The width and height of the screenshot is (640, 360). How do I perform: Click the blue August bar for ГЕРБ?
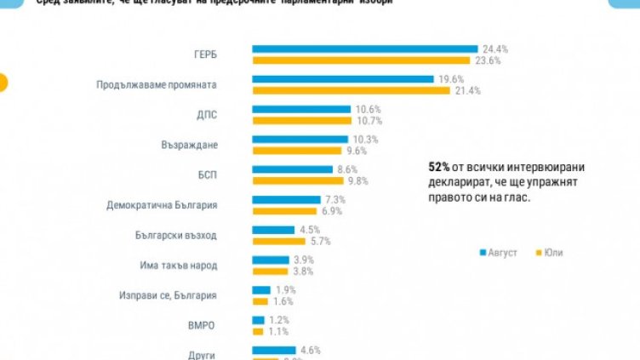click(364, 49)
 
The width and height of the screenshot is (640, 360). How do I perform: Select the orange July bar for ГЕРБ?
click(361, 60)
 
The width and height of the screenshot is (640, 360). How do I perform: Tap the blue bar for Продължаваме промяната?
click(343, 79)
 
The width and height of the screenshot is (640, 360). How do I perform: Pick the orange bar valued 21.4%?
click(351, 90)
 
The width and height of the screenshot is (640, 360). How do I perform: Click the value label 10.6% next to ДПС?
click(369, 109)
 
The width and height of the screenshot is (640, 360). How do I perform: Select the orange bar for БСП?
click(294, 180)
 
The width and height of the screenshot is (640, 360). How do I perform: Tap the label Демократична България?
click(162, 205)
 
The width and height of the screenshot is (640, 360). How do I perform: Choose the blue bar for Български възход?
click(271, 229)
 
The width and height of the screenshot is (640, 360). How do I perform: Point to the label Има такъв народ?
click(178, 265)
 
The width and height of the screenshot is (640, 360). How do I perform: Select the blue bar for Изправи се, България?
click(261, 289)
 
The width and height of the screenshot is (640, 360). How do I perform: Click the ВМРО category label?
click(203, 325)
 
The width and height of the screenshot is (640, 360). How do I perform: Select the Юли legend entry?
click(550, 253)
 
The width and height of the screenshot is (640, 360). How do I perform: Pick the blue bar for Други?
click(273, 350)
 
